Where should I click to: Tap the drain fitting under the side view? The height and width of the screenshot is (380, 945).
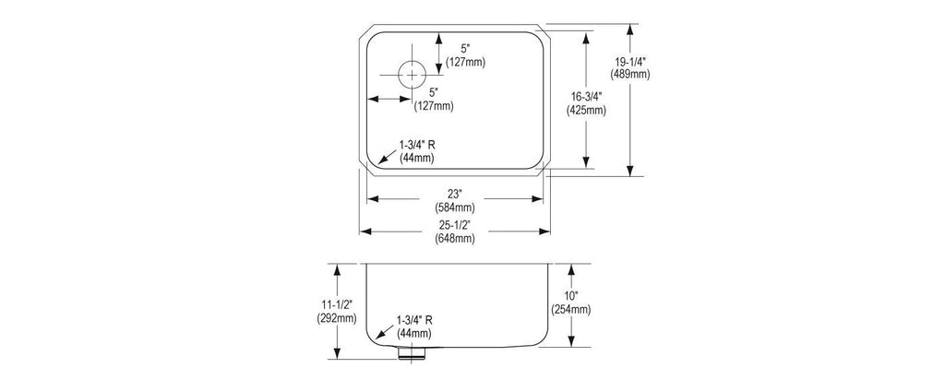(413, 352)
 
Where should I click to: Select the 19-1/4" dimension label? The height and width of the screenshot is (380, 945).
(630, 62)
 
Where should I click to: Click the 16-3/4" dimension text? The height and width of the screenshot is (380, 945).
(585, 96)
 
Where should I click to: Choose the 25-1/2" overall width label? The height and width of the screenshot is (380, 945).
(455, 225)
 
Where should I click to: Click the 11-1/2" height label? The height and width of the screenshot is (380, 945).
(337, 305)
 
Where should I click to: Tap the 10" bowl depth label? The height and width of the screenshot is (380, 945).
(570, 296)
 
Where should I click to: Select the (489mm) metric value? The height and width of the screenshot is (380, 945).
(630, 75)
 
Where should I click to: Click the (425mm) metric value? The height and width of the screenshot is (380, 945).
(586, 110)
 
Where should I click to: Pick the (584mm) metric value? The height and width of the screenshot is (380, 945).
(455, 208)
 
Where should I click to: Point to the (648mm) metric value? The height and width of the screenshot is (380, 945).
(455, 239)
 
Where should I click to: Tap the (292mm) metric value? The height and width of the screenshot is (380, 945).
(337, 318)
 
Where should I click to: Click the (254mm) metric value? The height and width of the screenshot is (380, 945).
(570, 310)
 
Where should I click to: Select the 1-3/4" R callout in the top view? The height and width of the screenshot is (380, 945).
(416, 145)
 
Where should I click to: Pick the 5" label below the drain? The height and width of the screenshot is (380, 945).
(434, 92)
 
